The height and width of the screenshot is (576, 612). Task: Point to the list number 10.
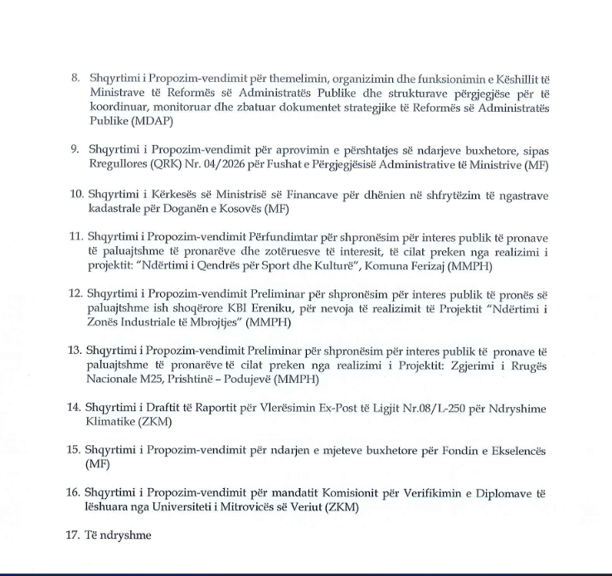(x=75, y=194)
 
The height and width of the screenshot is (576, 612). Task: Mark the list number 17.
(x=74, y=535)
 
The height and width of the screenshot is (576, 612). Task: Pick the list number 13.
(x=75, y=350)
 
